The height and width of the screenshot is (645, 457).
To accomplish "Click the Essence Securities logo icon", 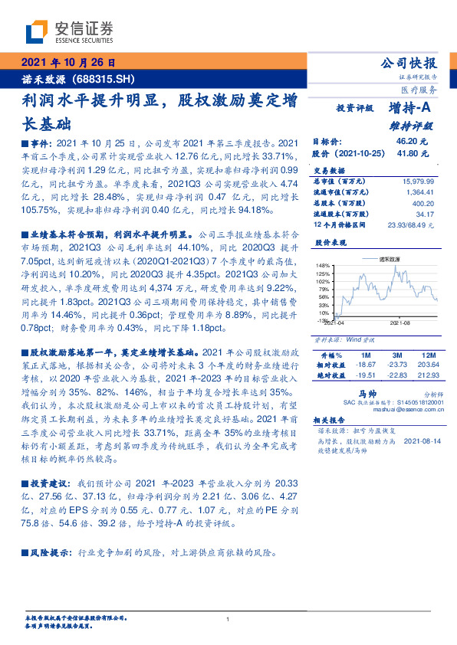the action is [x=34, y=32].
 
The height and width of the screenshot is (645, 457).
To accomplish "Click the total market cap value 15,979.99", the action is [x=417, y=180].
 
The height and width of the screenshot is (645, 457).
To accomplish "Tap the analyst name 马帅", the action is [x=356, y=391].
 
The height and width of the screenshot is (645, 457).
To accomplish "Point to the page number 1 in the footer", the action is [x=228, y=619].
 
